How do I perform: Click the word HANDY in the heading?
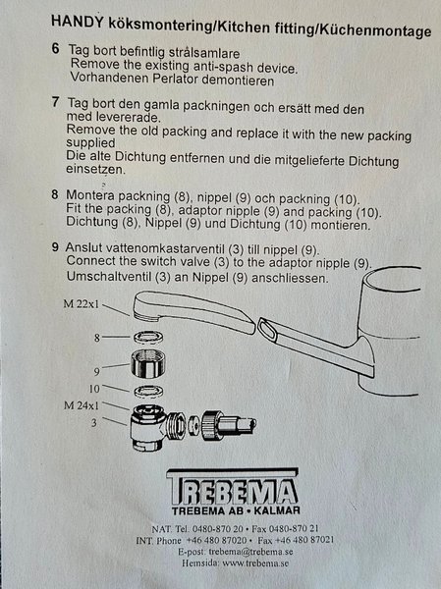click(x=77, y=22)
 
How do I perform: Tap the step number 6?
click(x=55, y=49)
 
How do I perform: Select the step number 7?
click(x=56, y=101)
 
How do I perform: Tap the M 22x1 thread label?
click(x=82, y=303)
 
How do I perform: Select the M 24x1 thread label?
click(x=82, y=405)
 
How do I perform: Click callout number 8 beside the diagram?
click(x=97, y=338)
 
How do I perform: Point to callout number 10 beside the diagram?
click(x=94, y=389)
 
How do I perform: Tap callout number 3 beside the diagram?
click(x=94, y=423)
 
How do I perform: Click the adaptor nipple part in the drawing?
click(x=148, y=363)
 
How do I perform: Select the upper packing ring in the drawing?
click(x=148, y=337)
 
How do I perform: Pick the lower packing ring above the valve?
click(x=148, y=392)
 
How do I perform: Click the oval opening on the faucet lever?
click(x=268, y=330)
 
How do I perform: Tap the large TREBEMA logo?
click(x=233, y=487)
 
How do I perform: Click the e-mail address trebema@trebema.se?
click(x=250, y=552)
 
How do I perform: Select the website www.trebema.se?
click(x=255, y=563)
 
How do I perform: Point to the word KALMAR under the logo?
click(x=277, y=510)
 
